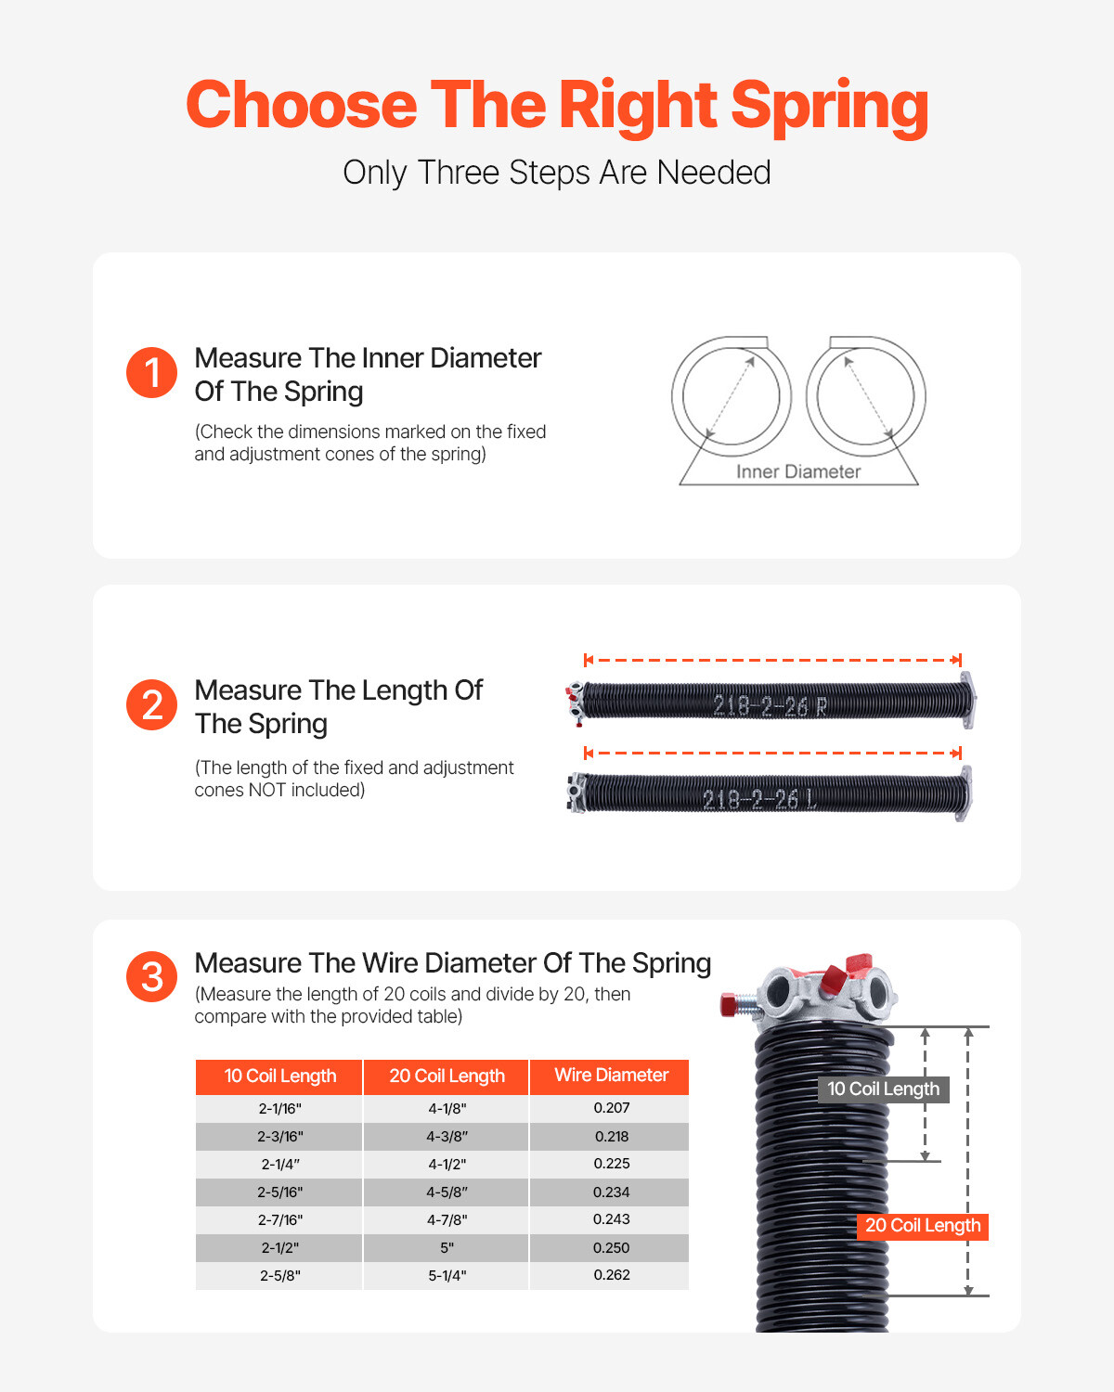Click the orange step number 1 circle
[x=151, y=373]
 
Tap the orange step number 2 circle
[x=151, y=705]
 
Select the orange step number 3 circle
[x=151, y=976]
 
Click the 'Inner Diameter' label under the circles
[x=798, y=471]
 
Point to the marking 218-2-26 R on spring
[x=770, y=706]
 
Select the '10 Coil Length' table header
[x=279, y=1076]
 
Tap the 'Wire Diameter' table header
[x=611, y=1076]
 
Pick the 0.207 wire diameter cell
[x=611, y=1108]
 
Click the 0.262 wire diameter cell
[x=611, y=1275]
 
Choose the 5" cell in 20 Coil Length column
[x=447, y=1248]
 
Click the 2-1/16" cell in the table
[x=279, y=1109]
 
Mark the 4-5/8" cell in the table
[x=447, y=1192]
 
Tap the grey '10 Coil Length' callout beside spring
[x=883, y=1089]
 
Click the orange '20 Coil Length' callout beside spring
[x=922, y=1226]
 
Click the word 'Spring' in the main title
[x=829, y=106]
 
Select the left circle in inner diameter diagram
[x=732, y=396]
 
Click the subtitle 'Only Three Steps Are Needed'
[x=557, y=173]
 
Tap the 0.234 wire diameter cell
[x=611, y=1192]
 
